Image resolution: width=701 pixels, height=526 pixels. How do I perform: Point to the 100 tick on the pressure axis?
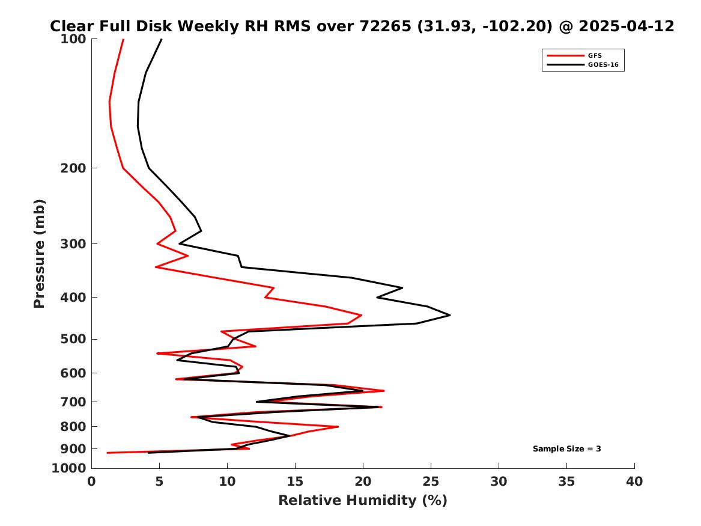click(73, 39)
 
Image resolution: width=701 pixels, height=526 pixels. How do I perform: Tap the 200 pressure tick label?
click(73, 168)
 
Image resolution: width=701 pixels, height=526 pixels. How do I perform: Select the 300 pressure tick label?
click(73, 244)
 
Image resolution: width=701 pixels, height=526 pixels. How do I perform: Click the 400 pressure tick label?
click(73, 297)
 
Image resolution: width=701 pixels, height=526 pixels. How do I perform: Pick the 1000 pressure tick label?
click(69, 468)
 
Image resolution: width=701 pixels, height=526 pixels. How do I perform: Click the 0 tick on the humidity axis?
click(92, 482)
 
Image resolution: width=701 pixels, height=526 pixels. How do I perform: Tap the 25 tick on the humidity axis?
click(431, 482)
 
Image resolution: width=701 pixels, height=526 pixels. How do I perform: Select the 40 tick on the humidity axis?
click(634, 482)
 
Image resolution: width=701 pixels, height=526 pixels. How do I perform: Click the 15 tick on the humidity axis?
click(295, 482)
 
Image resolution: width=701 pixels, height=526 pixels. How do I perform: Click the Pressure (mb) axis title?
click(39, 254)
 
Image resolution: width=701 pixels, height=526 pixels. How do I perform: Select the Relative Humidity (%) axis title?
click(363, 500)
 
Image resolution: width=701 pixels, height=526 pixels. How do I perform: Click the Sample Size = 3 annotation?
click(567, 448)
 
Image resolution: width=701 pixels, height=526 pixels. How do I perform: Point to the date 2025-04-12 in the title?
click(627, 26)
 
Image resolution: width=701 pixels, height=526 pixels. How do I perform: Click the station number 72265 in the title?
click(386, 26)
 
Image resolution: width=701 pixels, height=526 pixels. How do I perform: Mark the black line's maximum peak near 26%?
click(450, 316)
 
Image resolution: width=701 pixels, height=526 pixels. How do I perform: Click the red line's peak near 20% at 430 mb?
click(361, 316)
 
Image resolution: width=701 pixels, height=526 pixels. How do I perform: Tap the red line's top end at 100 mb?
click(123, 39)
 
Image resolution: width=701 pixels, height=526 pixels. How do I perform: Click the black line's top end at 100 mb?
click(162, 39)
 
